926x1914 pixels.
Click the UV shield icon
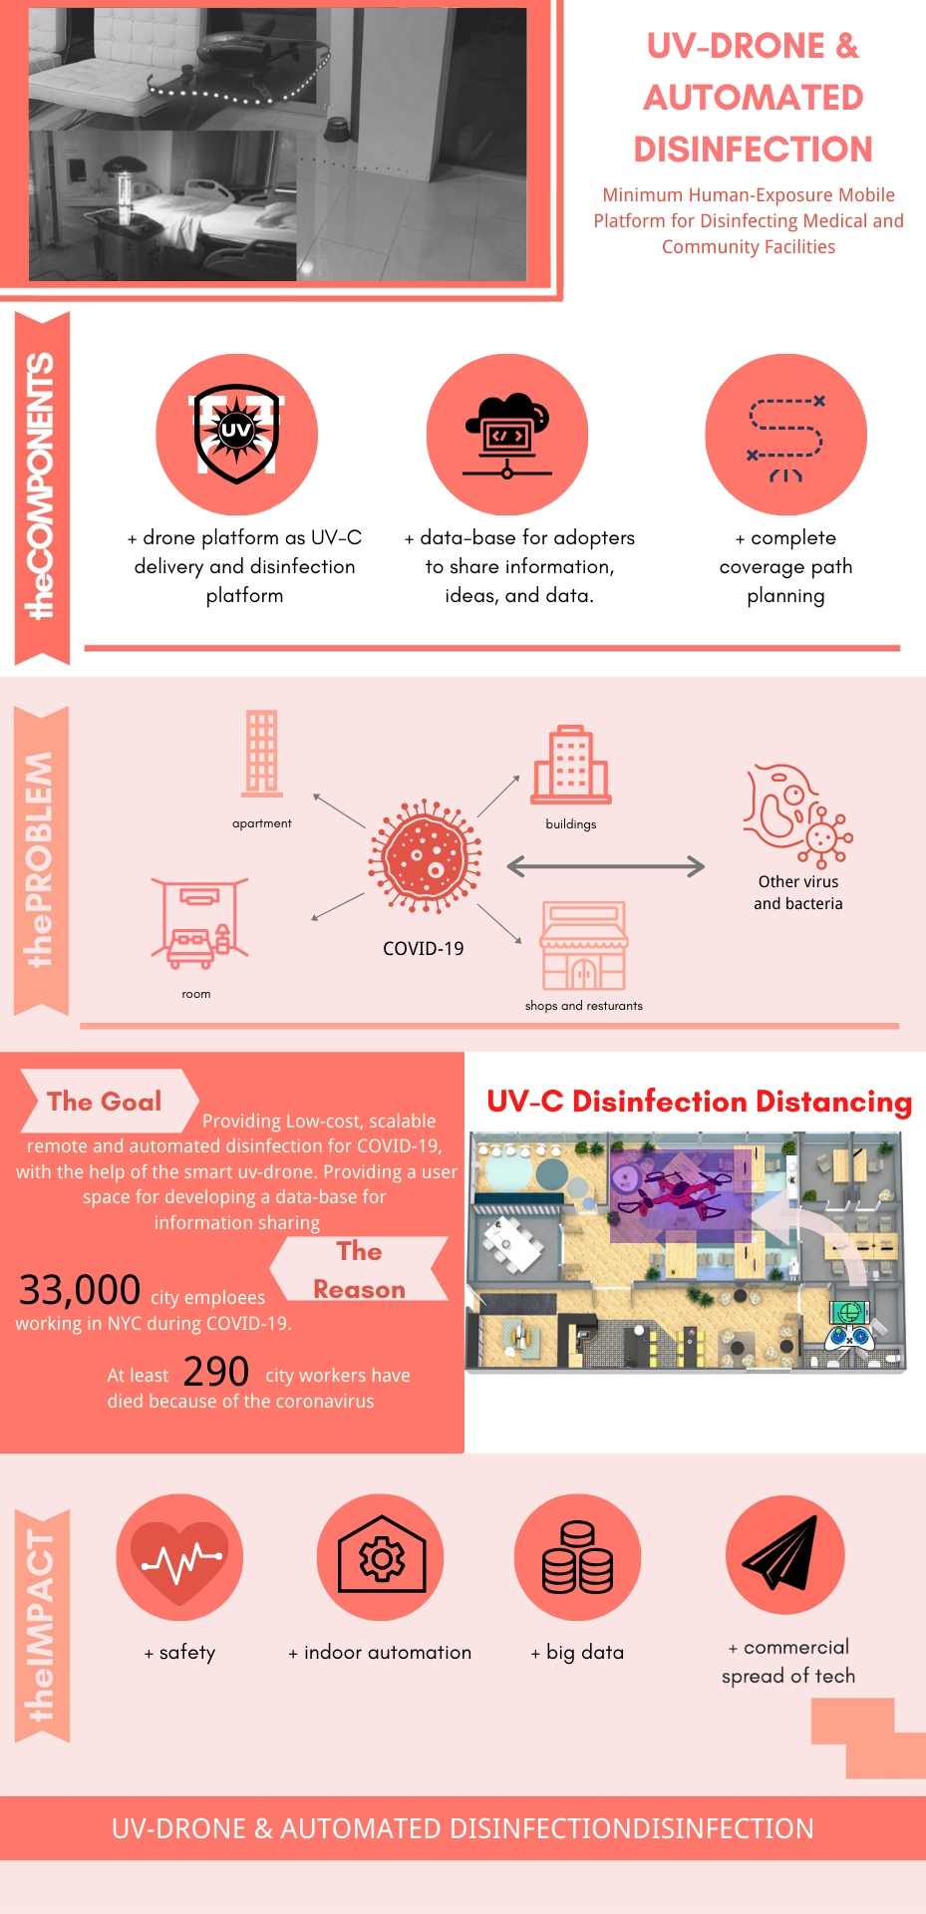pos(236,434)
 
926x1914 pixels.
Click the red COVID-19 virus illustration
pos(426,855)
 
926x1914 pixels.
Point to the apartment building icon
pos(262,754)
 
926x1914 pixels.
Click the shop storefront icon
pos(584,945)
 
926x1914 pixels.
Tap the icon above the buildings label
pos(571,765)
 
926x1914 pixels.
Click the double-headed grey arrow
pos(606,866)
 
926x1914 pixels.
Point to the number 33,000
pos(80,1290)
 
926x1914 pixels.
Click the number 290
pos(216,1372)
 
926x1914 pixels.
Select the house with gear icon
pos(382,1557)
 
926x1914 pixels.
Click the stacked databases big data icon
pos(577,1557)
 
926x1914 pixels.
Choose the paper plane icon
pos(782,1554)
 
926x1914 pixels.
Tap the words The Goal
pos(105,1102)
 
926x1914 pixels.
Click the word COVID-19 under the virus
pos(424,948)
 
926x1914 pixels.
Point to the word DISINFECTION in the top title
pos(754,150)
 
